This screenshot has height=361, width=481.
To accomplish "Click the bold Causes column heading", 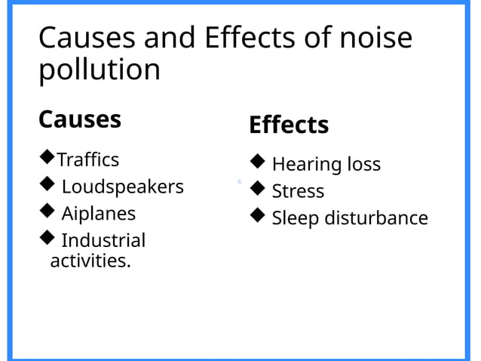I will (x=79, y=119).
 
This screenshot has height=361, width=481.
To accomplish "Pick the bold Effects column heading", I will (x=289, y=125).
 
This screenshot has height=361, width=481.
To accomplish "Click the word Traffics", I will (x=88, y=159).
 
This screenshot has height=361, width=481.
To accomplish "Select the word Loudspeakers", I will (x=122, y=187).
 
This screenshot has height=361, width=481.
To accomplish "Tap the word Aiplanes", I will (x=98, y=214).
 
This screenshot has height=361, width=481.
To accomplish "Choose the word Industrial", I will (x=103, y=241).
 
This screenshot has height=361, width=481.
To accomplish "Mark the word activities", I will (x=90, y=261).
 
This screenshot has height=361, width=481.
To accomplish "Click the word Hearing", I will (x=306, y=165).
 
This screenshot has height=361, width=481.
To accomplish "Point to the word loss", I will (x=363, y=165).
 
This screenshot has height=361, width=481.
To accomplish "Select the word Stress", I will (x=298, y=192).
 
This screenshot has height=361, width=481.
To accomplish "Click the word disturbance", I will (x=375, y=218).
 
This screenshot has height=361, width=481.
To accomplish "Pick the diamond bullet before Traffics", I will (x=47, y=157).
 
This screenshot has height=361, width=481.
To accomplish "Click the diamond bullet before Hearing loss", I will (x=257, y=161).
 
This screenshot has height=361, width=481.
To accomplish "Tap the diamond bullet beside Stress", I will (x=257, y=188).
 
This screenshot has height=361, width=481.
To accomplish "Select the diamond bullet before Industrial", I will (x=47, y=239).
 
